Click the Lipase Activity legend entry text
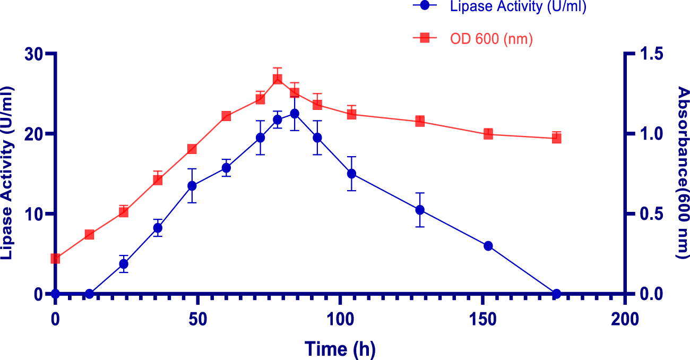coord(517,7)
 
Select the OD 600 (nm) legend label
coord(491,38)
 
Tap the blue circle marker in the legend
coord(425,6)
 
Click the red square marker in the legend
coord(425,38)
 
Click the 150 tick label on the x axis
coord(482,319)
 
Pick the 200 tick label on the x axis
coord(625,319)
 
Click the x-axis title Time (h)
coord(340,349)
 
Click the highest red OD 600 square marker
coord(278,79)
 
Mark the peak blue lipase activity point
coord(295,114)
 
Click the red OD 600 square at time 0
coord(55,259)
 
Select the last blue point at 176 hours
coord(556,294)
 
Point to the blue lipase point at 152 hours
coord(488,246)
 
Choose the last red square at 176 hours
coord(556,138)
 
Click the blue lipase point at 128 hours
coord(420,210)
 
